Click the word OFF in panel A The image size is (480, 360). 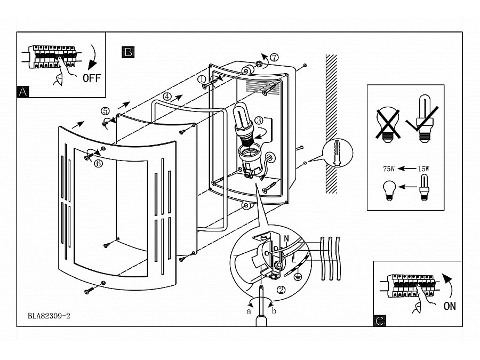pyautogui.click(x=92, y=78)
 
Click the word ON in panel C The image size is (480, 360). pyautogui.click(x=450, y=306)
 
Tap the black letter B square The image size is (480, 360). pyautogui.click(x=128, y=52)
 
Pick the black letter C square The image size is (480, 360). pyautogui.click(x=380, y=321)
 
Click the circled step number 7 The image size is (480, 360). pyautogui.click(x=274, y=57)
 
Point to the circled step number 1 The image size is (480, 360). pyautogui.click(x=202, y=79)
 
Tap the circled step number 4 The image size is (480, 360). pyautogui.click(x=167, y=97)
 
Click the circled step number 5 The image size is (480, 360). pyautogui.click(x=105, y=110)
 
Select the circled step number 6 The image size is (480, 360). pyautogui.click(x=98, y=164)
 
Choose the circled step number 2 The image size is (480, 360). pyautogui.click(x=281, y=289)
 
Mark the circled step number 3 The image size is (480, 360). pyautogui.click(x=259, y=121)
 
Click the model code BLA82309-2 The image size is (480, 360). pyautogui.click(x=49, y=316)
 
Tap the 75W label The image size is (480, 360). pyautogui.click(x=389, y=169)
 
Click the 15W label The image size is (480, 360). pyautogui.click(x=423, y=169)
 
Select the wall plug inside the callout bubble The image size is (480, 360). pyautogui.click(x=338, y=153)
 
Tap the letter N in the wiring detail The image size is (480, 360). pyautogui.click(x=286, y=238)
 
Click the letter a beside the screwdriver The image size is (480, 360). pyautogui.click(x=249, y=311)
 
